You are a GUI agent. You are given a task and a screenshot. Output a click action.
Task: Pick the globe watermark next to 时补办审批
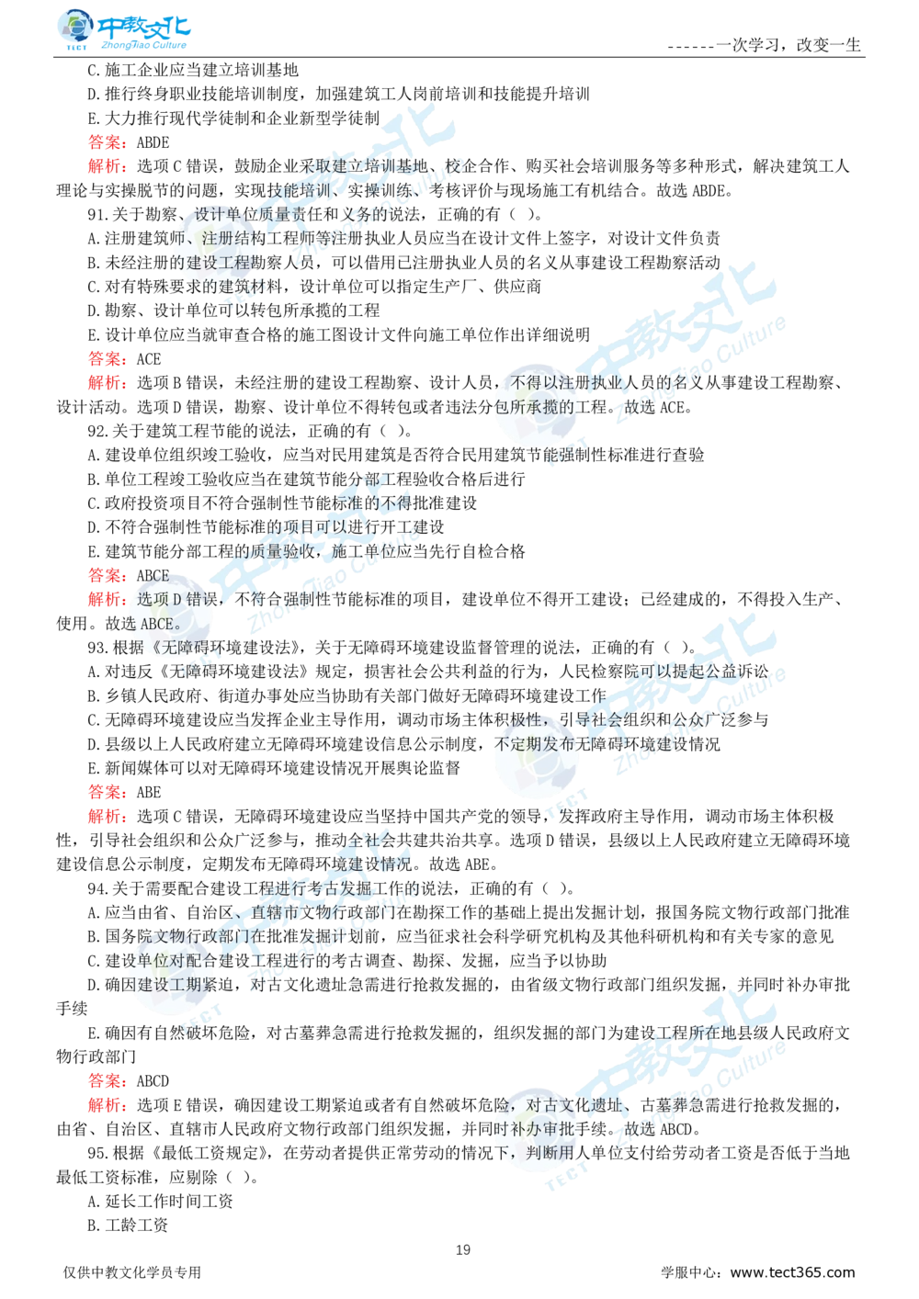pos(536,1135)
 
